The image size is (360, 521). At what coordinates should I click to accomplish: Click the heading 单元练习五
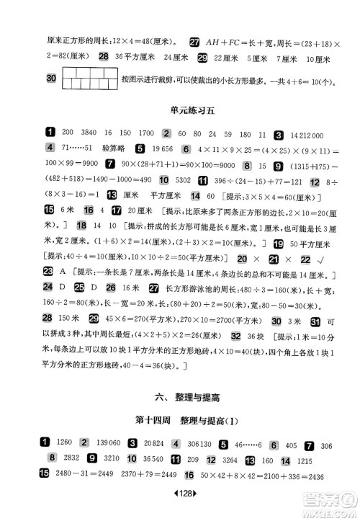point(180,110)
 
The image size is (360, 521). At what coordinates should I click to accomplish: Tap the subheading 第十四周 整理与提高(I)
point(179,421)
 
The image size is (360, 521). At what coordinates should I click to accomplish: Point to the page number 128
point(180,507)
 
